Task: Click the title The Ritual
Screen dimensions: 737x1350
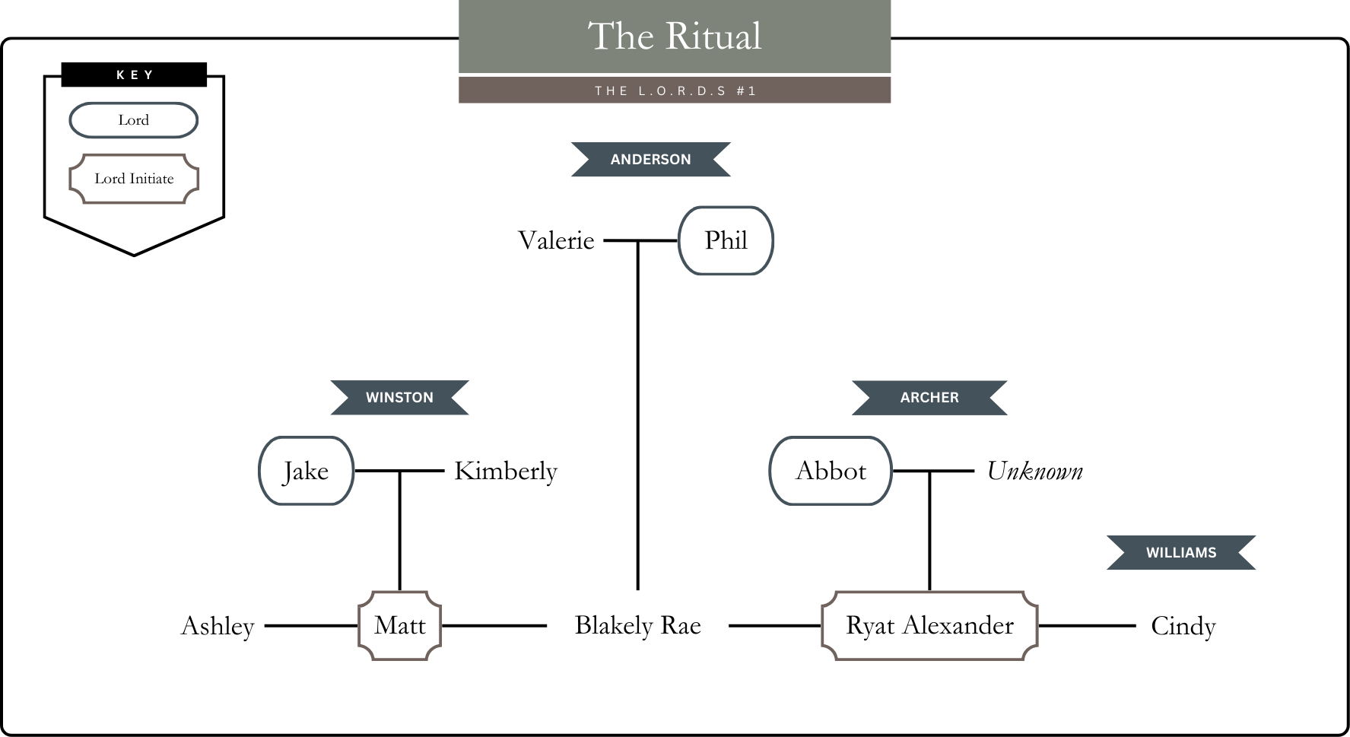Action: point(675,37)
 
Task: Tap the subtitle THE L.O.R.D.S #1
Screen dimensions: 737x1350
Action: point(675,91)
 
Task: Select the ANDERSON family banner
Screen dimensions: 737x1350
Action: point(650,159)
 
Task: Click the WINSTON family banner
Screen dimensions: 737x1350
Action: point(399,397)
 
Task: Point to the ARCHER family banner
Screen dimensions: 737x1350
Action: point(929,397)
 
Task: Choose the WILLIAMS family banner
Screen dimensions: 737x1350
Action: point(1180,552)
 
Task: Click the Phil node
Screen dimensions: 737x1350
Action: point(726,240)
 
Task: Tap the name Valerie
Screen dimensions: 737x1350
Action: point(556,240)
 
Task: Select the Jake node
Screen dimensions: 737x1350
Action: point(306,471)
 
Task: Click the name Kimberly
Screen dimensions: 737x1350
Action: point(506,471)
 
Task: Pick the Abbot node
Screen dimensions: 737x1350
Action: point(831,471)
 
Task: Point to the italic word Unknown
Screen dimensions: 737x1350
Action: point(1034,471)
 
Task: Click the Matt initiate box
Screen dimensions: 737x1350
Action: point(399,625)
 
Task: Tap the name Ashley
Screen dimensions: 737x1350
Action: point(218,626)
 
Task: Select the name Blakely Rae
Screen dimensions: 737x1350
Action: point(637,625)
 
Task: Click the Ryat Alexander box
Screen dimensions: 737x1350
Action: point(929,625)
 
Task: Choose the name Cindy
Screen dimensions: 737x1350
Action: point(1183,626)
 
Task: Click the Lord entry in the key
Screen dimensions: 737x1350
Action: point(134,120)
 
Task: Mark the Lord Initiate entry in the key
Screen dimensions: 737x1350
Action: point(134,179)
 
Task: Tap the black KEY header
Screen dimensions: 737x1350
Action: point(134,75)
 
